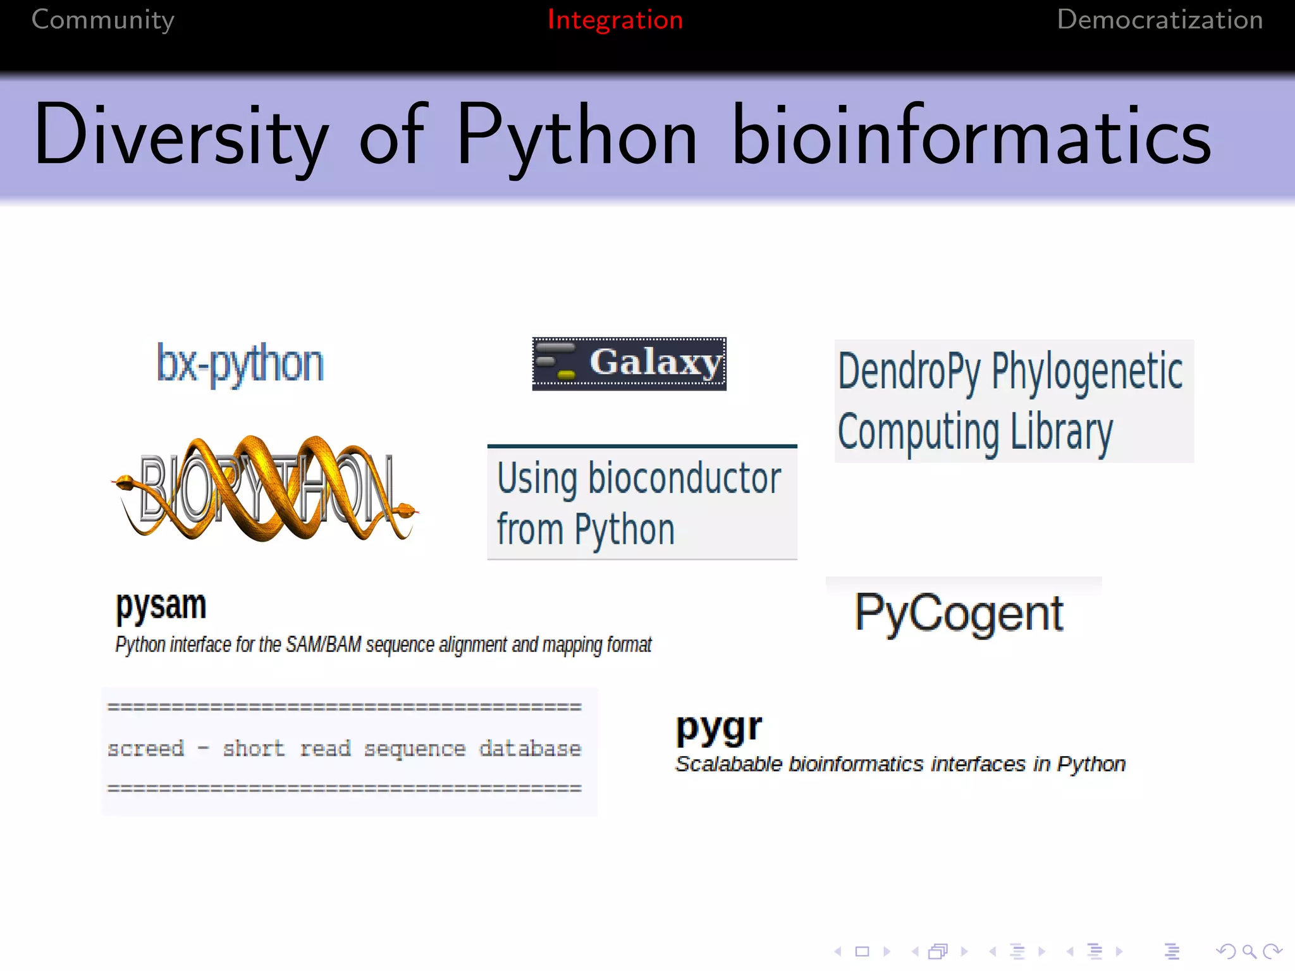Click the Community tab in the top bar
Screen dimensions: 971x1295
(x=103, y=20)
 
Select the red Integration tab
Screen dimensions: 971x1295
(x=615, y=20)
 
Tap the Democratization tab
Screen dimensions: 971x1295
(x=1160, y=20)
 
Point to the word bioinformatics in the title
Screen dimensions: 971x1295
(x=971, y=136)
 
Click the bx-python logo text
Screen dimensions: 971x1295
(x=240, y=363)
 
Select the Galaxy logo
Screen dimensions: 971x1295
(x=629, y=363)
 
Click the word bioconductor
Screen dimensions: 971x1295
(x=684, y=479)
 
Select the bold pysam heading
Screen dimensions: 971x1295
(x=161, y=606)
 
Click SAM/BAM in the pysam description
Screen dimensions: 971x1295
(x=324, y=645)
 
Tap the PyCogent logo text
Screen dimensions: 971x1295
(x=959, y=613)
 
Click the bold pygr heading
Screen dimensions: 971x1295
(x=719, y=728)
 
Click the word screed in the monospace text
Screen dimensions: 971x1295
(x=145, y=748)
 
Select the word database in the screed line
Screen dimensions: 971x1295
(x=529, y=748)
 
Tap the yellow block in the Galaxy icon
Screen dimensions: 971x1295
(x=567, y=376)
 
